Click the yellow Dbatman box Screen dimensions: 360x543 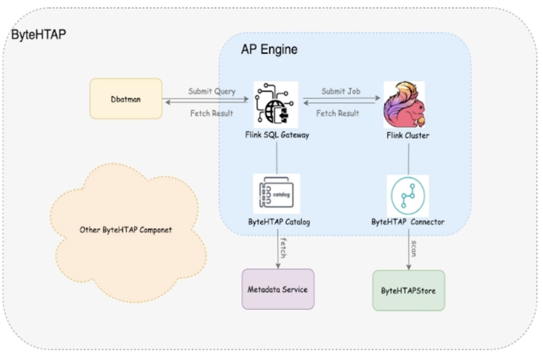click(x=126, y=99)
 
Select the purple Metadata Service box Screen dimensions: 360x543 click(x=278, y=289)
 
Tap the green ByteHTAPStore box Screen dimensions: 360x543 click(x=408, y=290)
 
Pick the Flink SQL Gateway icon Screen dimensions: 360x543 click(x=276, y=105)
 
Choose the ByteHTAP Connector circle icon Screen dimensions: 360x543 click(x=408, y=196)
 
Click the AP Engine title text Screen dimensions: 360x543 click(x=269, y=50)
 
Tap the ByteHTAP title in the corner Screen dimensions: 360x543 click(x=38, y=35)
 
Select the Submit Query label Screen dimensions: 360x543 click(x=212, y=91)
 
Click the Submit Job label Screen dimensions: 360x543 click(x=341, y=91)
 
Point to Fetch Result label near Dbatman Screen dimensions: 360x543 click(x=212, y=113)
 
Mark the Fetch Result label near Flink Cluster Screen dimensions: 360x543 click(x=338, y=113)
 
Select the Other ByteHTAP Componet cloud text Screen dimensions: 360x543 click(x=126, y=230)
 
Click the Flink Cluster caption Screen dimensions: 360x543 click(x=408, y=135)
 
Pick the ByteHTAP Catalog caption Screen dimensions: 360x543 click(x=279, y=222)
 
